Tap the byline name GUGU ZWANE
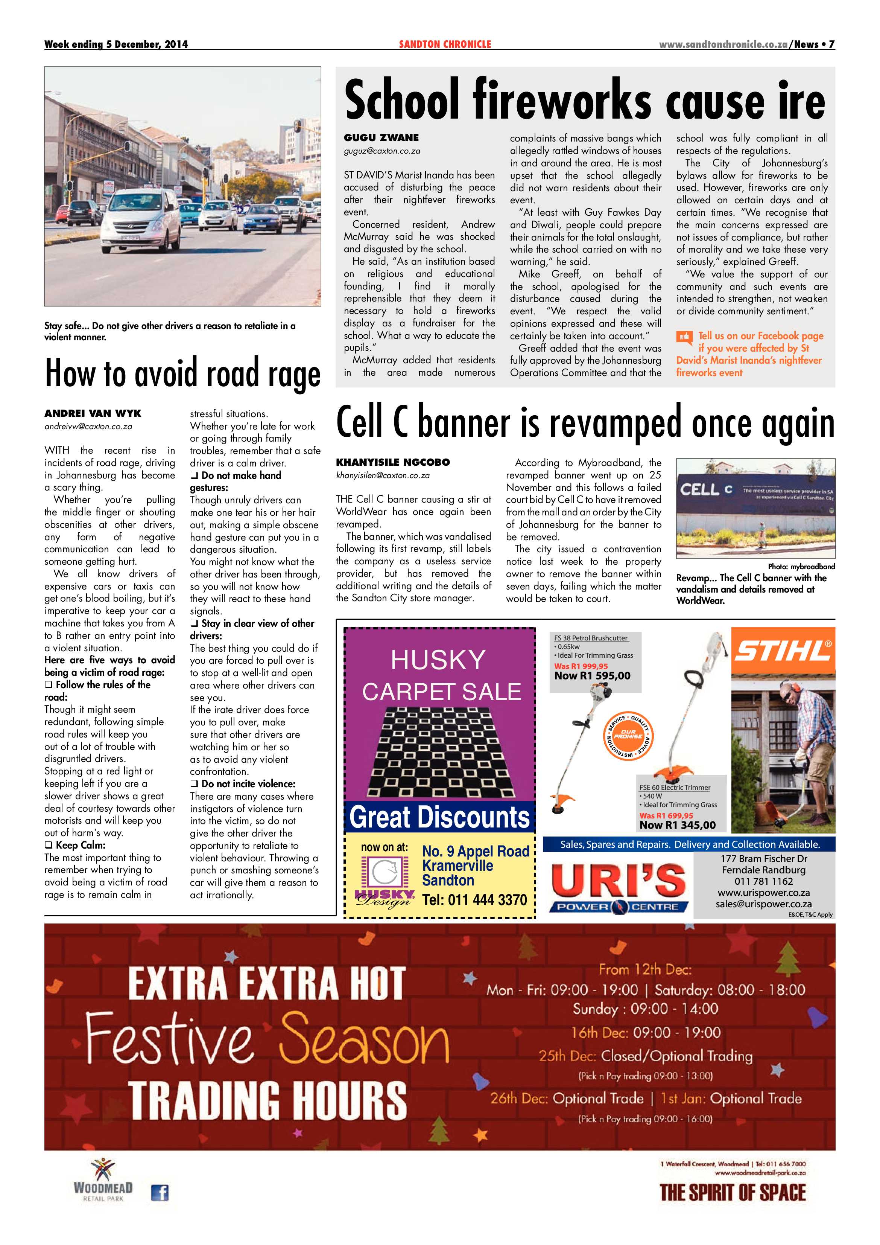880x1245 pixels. [x=381, y=138]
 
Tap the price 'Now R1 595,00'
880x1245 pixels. [x=592, y=676]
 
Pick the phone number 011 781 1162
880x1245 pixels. [x=763, y=882]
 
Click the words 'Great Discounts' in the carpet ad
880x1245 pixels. [x=439, y=817]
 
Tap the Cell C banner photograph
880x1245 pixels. [x=755, y=508]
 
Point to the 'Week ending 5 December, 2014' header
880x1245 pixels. [x=116, y=44]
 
